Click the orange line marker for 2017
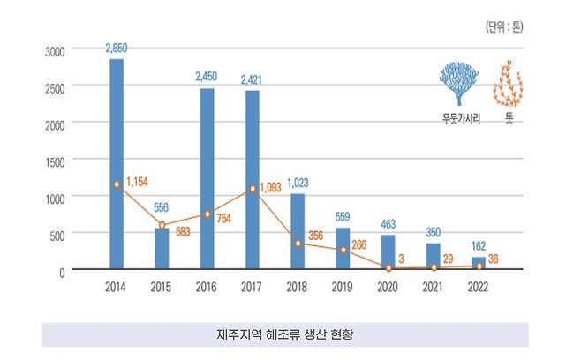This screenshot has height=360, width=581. [x=253, y=188]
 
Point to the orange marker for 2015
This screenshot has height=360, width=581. [x=162, y=225]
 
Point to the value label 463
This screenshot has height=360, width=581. [x=389, y=226]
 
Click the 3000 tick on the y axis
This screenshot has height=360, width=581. [x=56, y=52]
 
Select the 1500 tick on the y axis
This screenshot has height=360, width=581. [x=56, y=161]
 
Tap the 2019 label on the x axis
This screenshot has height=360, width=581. [x=343, y=286]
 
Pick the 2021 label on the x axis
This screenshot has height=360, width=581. [x=434, y=286]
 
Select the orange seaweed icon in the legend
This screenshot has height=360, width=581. [x=509, y=84]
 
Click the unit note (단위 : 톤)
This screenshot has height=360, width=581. [x=504, y=26]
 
